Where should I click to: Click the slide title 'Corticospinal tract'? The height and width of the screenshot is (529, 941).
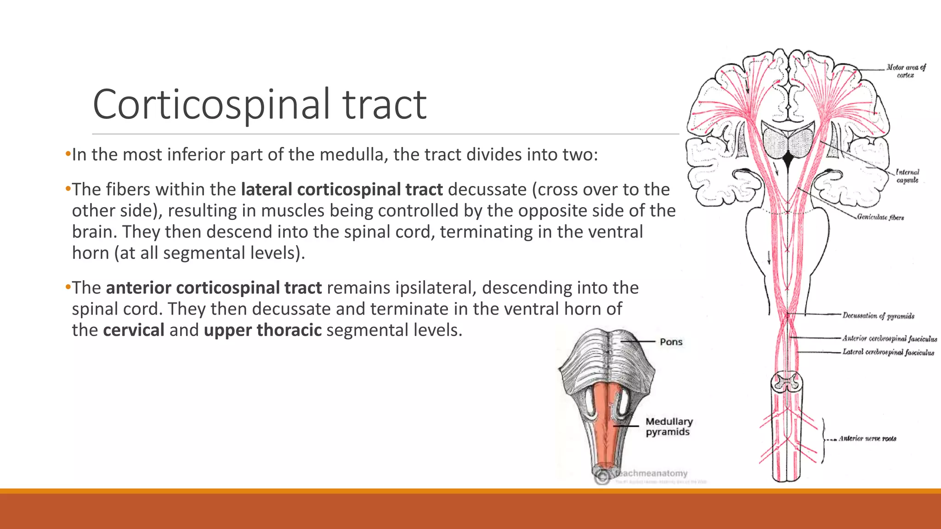(260, 105)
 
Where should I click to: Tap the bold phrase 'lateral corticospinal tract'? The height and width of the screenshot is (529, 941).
(342, 189)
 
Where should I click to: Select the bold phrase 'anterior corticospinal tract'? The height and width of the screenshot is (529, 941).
(214, 287)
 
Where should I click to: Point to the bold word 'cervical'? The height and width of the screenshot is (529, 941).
(134, 330)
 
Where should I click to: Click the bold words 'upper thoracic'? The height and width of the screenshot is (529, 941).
(263, 330)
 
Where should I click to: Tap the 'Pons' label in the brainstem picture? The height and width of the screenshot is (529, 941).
(671, 342)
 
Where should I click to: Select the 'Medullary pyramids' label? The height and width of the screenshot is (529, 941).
(669, 427)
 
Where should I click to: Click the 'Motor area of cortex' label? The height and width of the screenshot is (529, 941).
(906, 71)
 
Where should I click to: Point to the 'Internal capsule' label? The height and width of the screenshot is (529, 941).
(907, 176)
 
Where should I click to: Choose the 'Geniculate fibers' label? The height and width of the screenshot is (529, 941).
(880, 217)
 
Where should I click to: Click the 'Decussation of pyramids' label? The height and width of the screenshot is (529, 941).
(878, 316)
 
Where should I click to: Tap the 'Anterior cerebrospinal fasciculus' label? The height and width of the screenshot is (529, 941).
(890, 338)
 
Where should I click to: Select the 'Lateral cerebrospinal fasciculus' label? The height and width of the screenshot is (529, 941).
(888, 352)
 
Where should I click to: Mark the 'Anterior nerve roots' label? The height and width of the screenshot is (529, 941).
(867, 439)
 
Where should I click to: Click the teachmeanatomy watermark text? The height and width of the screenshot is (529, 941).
(652, 473)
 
